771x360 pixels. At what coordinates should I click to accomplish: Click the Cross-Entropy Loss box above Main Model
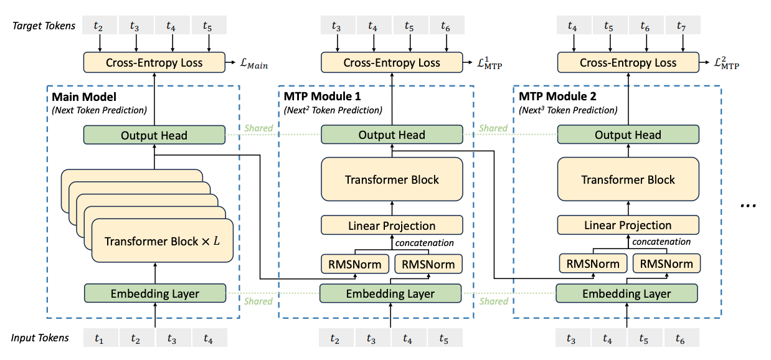154,63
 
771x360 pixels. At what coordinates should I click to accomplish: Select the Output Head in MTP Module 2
628,135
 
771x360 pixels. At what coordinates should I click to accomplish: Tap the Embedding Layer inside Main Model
154,293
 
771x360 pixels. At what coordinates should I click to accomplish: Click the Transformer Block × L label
162,241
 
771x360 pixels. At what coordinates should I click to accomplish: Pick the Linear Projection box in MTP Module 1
392,225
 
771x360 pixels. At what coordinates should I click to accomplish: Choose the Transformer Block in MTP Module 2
628,180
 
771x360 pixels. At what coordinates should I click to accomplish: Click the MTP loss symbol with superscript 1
489,64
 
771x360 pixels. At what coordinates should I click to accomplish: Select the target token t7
682,26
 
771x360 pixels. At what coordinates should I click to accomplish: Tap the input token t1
99,338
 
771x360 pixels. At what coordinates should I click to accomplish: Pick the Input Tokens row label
40,338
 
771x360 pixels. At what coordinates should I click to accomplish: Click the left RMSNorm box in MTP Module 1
356,264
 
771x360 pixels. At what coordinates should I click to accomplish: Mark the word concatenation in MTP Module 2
661,242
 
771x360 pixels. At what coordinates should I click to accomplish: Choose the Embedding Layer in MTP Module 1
391,293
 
